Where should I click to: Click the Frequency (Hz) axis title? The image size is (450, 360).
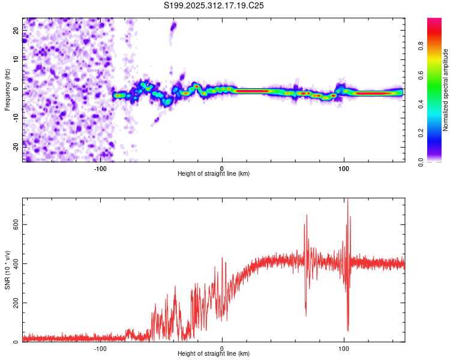[7, 90]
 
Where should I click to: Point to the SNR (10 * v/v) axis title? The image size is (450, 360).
[7, 270]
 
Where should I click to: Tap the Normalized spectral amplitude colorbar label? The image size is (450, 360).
[446, 90]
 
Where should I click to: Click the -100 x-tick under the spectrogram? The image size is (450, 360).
[100, 167]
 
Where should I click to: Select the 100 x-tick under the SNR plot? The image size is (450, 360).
[344, 347]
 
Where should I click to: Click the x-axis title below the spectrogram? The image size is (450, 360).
[214, 174]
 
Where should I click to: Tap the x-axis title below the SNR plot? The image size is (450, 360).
[214, 354]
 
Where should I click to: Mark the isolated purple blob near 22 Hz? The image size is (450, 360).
[173, 26]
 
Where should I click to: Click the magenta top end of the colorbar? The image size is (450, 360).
[434, 22]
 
